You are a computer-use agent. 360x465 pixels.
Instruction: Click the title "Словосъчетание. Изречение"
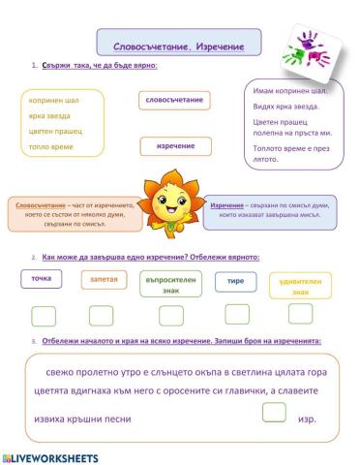(179, 46)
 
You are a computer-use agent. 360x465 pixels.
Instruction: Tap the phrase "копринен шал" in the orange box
(53, 100)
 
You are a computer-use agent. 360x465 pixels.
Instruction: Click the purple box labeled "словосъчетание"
(173, 100)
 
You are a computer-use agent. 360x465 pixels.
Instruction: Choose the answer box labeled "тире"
(235, 279)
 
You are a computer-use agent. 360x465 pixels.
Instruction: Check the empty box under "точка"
(44, 315)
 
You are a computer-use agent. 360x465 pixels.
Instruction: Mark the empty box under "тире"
(237, 313)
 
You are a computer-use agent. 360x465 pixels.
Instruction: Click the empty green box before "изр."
(275, 413)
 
